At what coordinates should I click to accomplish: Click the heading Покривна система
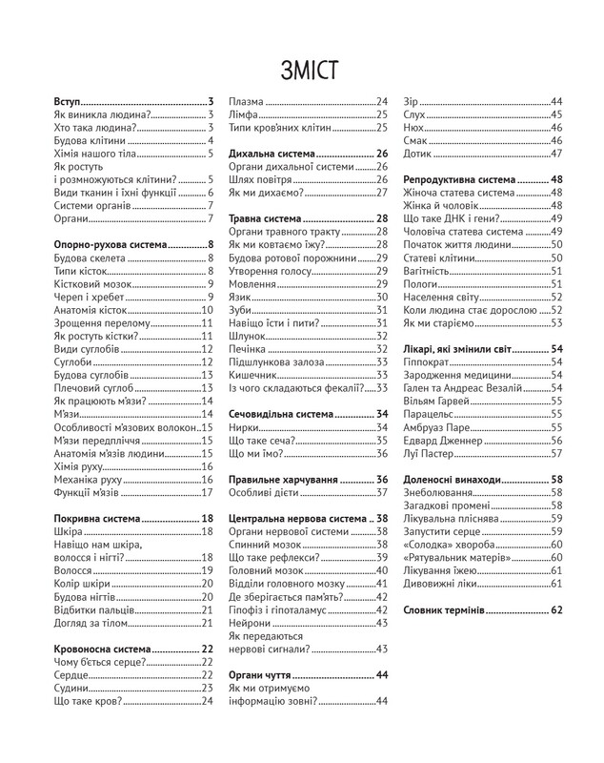96,517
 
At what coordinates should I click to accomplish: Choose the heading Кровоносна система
104,649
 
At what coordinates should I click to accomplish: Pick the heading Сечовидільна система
282,415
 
